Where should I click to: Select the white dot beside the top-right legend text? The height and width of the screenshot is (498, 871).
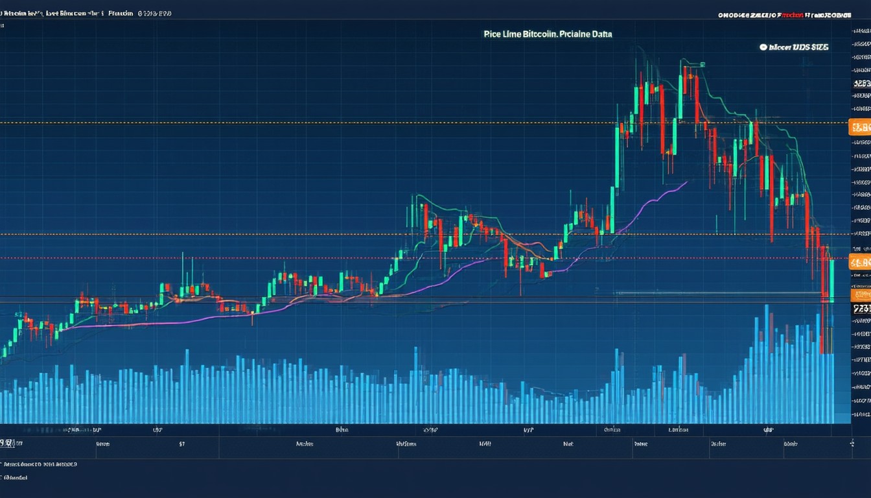[x=763, y=47]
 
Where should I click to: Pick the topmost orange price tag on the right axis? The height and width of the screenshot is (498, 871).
[x=859, y=127]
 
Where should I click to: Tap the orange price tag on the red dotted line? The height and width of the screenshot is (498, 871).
[x=859, y=263]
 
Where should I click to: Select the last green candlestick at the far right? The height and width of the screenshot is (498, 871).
[x=831, y=279]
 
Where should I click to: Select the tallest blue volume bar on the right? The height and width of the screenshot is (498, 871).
[x=767, y=363]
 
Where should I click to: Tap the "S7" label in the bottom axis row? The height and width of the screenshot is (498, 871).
[x=182, y=445]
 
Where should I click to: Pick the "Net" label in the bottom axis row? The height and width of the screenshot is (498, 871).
[x=568, y=445]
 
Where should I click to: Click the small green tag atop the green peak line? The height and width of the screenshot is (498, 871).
[x=701, y=64]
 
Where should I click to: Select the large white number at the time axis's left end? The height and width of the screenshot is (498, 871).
[x=6, y=444]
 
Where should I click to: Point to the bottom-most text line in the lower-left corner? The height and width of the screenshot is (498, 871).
[x=16, y=478]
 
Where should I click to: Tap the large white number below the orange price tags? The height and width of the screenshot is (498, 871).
[x=861, y=309]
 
